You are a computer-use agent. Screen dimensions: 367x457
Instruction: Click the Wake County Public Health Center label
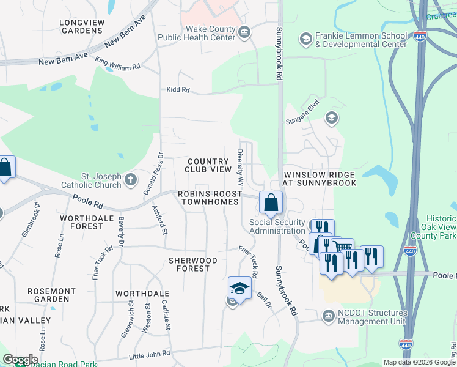[x=196, y=33]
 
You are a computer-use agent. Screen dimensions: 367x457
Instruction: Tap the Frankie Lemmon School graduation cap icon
[x=305, y=40]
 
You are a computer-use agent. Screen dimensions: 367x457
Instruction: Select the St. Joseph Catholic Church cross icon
[x=130, y=180]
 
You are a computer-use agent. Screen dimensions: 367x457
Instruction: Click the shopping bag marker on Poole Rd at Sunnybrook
[x=271, y=202]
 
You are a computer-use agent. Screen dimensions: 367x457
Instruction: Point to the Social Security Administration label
[x=277, y=226]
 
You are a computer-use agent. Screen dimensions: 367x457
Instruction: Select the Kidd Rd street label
[x=178, y=90]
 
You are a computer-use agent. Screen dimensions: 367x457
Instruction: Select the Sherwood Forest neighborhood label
[x=193, y=265]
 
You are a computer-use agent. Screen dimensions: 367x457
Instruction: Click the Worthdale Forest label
[x=82, y=222]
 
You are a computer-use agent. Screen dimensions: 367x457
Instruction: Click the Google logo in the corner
[x=20, y=360]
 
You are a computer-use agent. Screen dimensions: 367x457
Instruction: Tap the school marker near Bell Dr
[x=239, y=288]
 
